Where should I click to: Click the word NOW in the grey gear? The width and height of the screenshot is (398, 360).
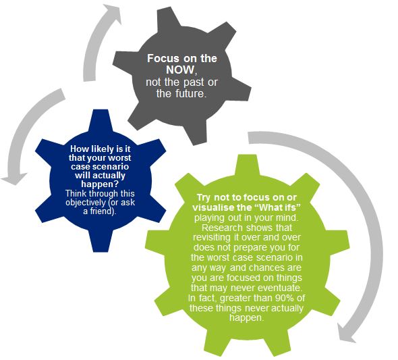point(181,70)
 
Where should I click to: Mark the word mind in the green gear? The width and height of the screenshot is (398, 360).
point(288,217)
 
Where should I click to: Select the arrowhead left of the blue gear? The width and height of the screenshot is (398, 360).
point(14,178)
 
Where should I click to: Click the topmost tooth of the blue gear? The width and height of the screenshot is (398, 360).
point(101,120)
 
